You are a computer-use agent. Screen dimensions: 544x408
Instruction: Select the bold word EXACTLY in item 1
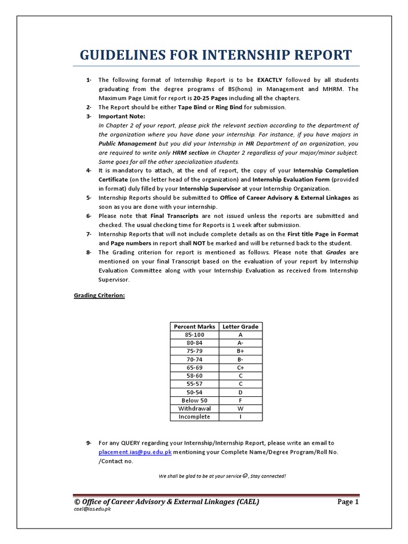[x=271, y=80]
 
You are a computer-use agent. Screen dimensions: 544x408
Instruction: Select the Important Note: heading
[x=122, y=116]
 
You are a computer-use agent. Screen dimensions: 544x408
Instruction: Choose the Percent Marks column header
[x=194, y=326]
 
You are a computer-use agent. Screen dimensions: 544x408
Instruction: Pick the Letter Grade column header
[x=240, y=326]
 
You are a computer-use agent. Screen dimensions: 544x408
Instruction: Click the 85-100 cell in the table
[x=194, y=335]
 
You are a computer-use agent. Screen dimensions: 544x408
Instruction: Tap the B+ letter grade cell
[x=240, y=351]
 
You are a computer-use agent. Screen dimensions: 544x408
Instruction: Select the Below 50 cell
[x=194, y=400]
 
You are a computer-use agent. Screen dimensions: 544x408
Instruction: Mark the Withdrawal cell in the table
[x=194, y=409]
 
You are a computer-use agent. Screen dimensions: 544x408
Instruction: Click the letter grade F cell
[x=240, y=400]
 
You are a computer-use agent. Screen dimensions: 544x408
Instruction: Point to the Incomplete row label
[x=194, y=416]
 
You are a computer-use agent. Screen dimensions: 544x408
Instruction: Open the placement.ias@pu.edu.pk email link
[x=135, y=452]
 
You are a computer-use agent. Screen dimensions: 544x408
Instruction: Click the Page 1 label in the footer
[x=348, y=501]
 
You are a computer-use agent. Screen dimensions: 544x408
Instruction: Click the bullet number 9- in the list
[x=89, y=443]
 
